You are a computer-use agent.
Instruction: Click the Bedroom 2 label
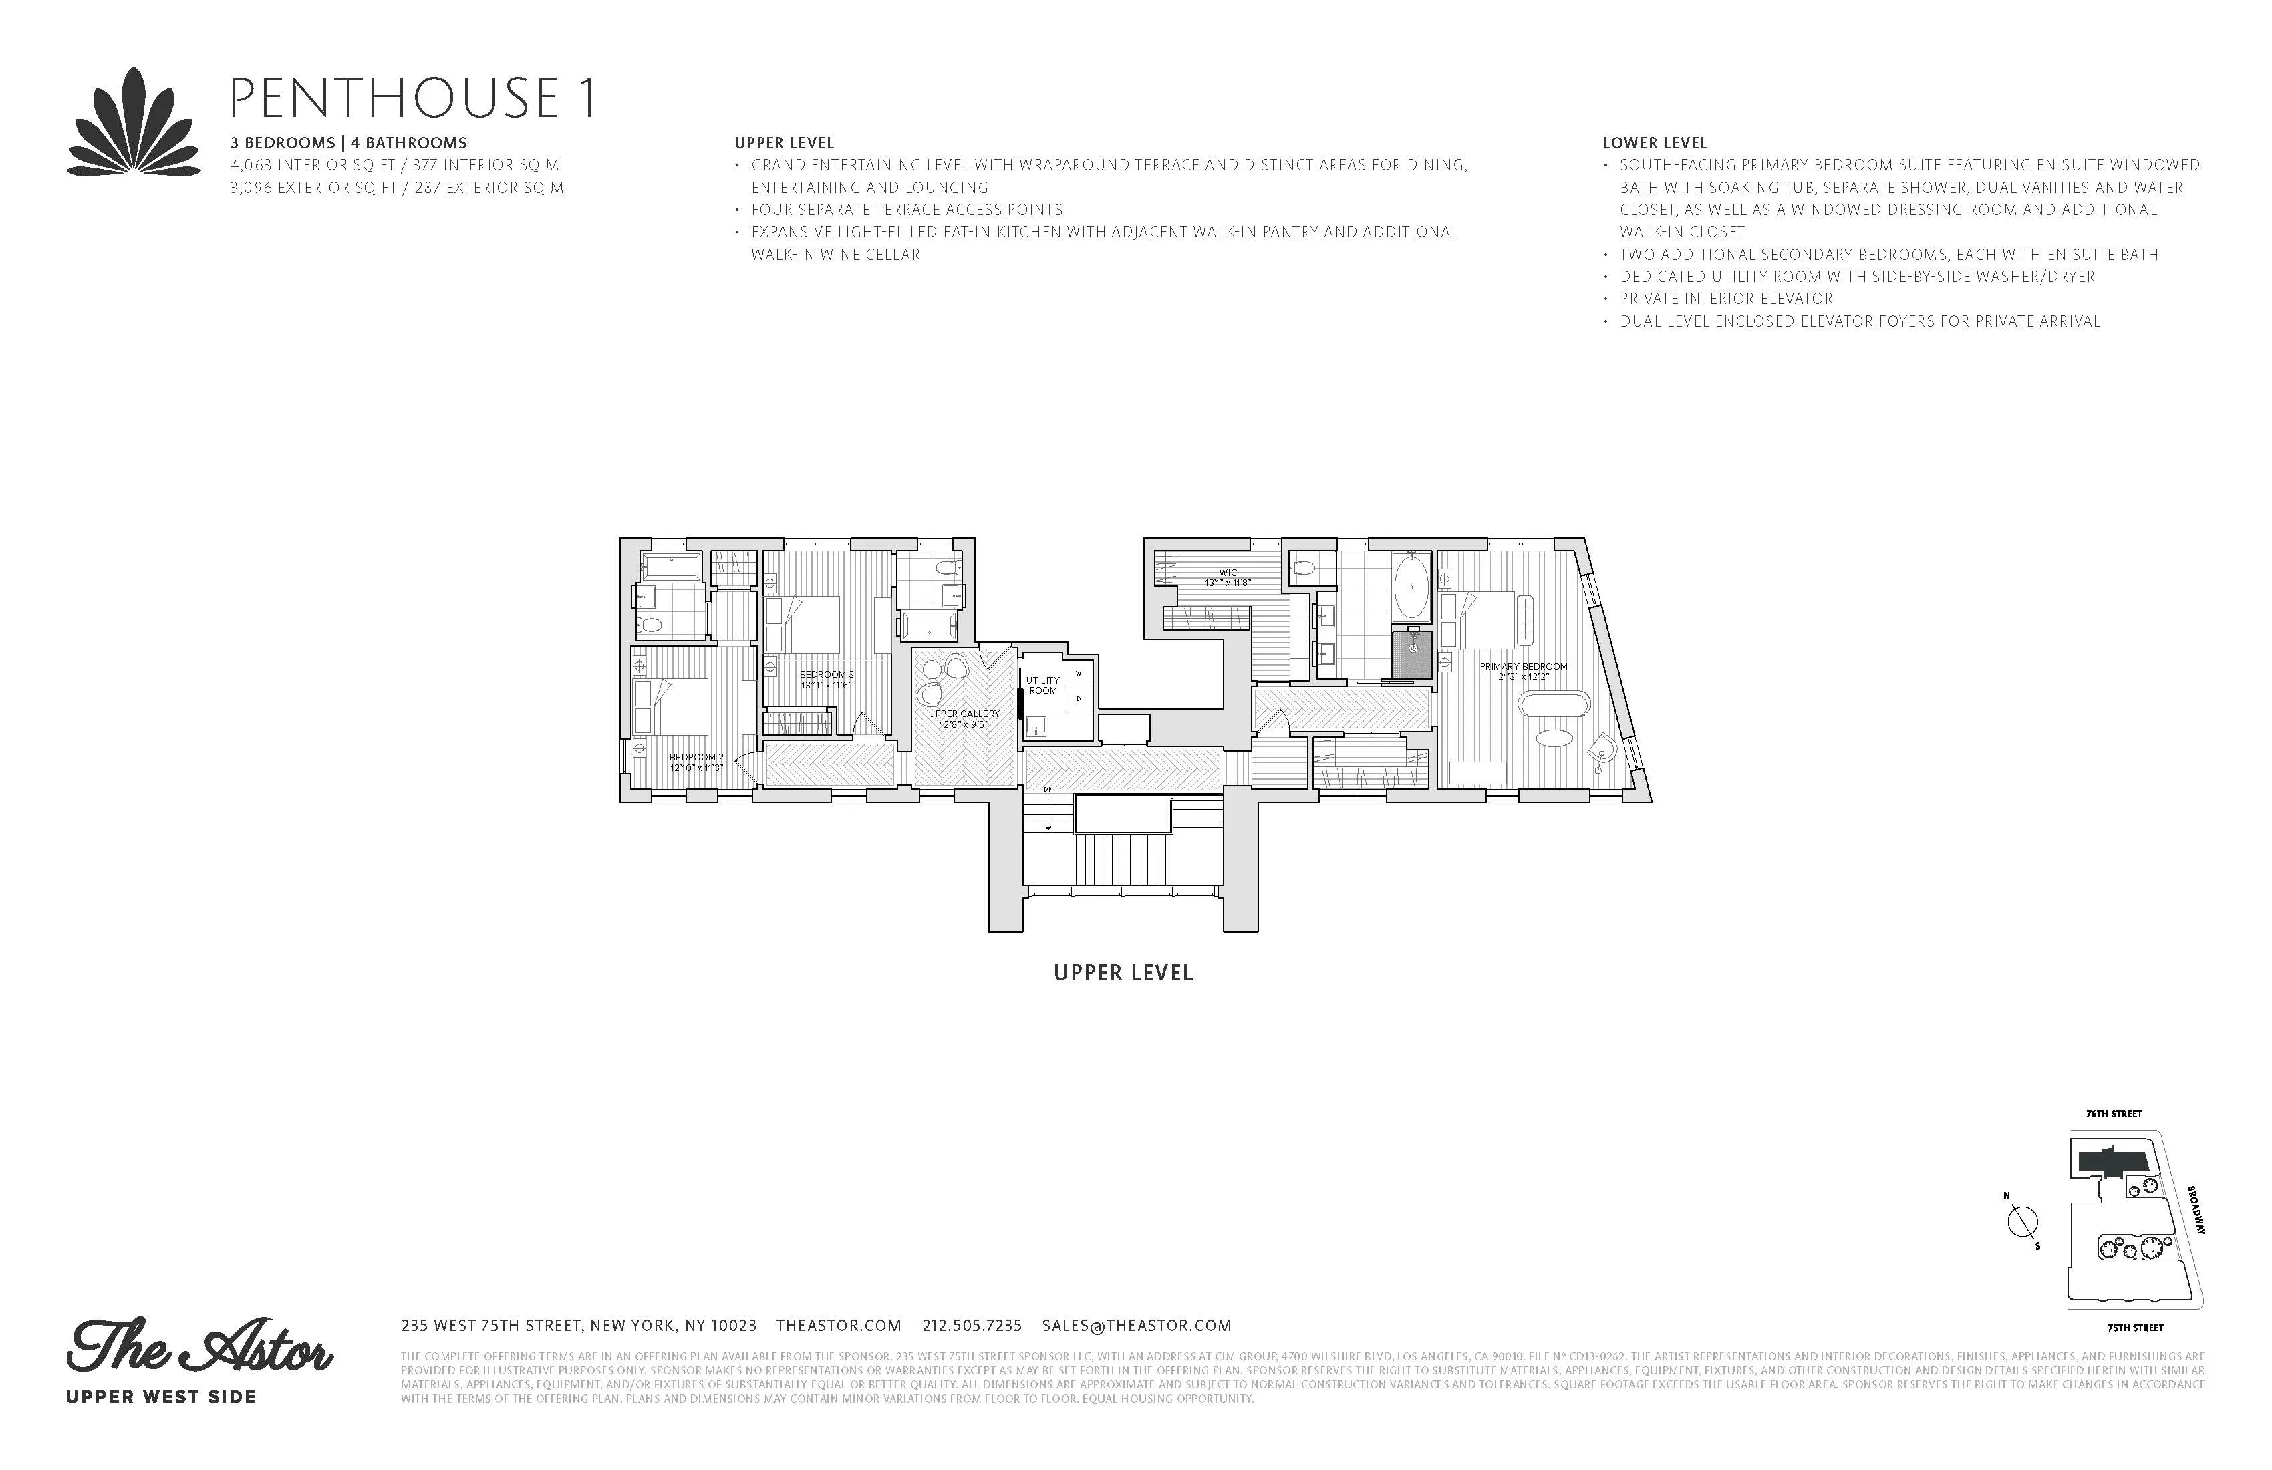[696, 762]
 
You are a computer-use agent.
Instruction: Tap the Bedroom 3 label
[827, 679]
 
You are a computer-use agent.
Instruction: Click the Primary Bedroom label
[1523, 671]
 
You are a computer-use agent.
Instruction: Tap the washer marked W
[1079, 673]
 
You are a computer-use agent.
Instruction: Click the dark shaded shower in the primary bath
[1412, 655]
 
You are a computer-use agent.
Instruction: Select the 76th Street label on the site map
[2114, 1113]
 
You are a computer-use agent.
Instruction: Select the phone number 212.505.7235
[972, 1325]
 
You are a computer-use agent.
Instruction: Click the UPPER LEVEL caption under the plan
[1123, 973]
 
